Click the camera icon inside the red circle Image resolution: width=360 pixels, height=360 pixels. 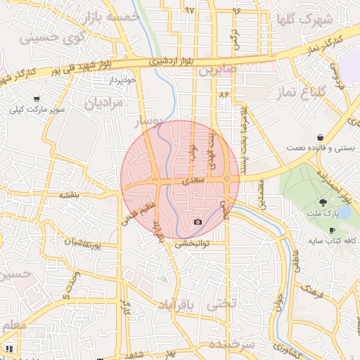(198, 222)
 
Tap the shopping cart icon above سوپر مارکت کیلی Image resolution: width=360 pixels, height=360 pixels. (36, 99)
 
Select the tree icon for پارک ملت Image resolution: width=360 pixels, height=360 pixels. (314, 202)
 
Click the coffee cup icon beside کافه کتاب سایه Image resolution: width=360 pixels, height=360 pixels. (332, 230)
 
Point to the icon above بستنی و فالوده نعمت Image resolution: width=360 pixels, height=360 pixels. (321, 136)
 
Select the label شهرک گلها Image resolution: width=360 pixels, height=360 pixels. (304, 19)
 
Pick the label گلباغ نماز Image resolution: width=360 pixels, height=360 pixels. (318, 93)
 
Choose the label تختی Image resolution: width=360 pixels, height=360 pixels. (224, 304)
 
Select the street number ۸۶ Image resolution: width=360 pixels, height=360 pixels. (224, 94)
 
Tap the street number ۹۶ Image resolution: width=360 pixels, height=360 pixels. (236, 11)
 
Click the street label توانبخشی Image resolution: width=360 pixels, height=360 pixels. (191, 245)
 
